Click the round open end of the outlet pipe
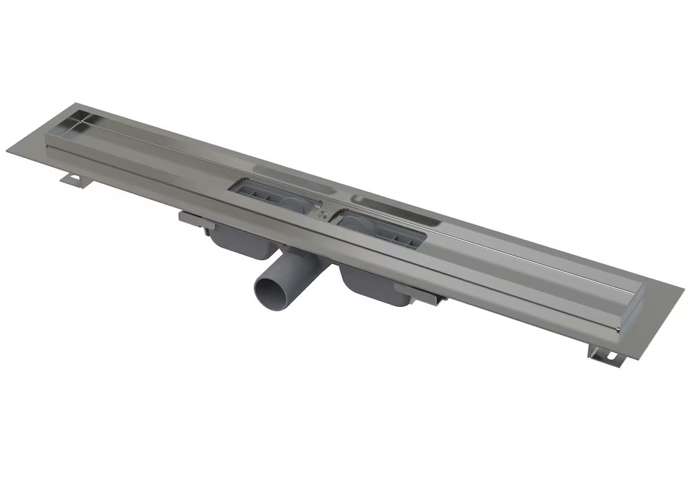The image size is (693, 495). [270, 291]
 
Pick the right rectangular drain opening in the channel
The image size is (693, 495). [378, 227]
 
